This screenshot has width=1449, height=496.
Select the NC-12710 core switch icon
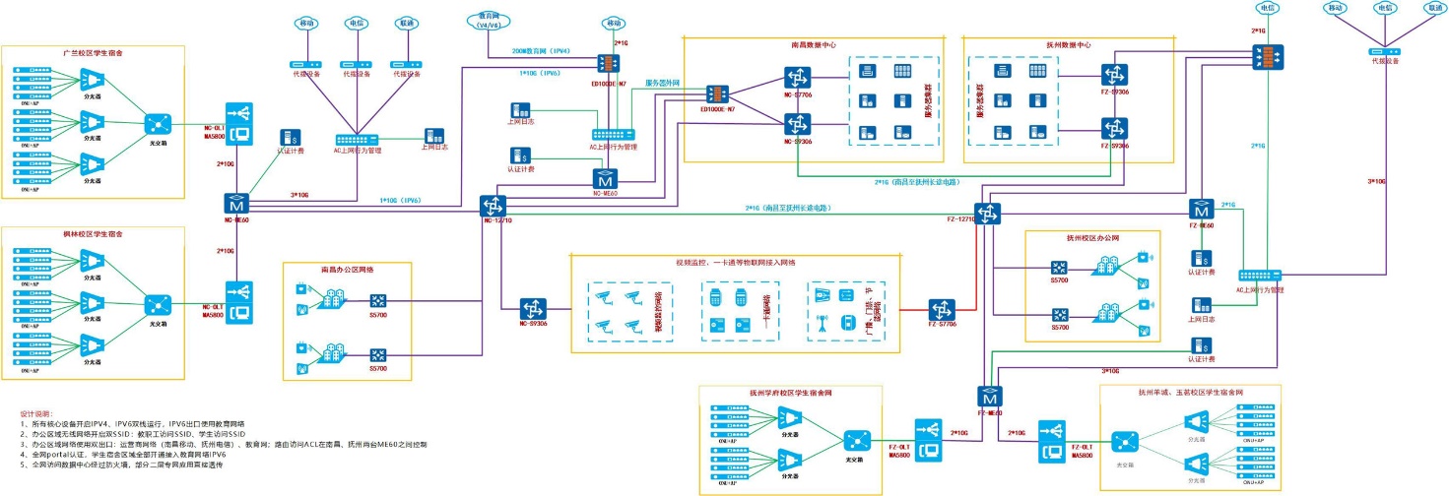(x=493, y=207)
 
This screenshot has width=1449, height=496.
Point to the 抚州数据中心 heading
(x=1069, y=45)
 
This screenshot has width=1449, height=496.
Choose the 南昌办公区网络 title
(x=348, y=268)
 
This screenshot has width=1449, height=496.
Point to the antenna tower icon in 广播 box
(x=821, y=322)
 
